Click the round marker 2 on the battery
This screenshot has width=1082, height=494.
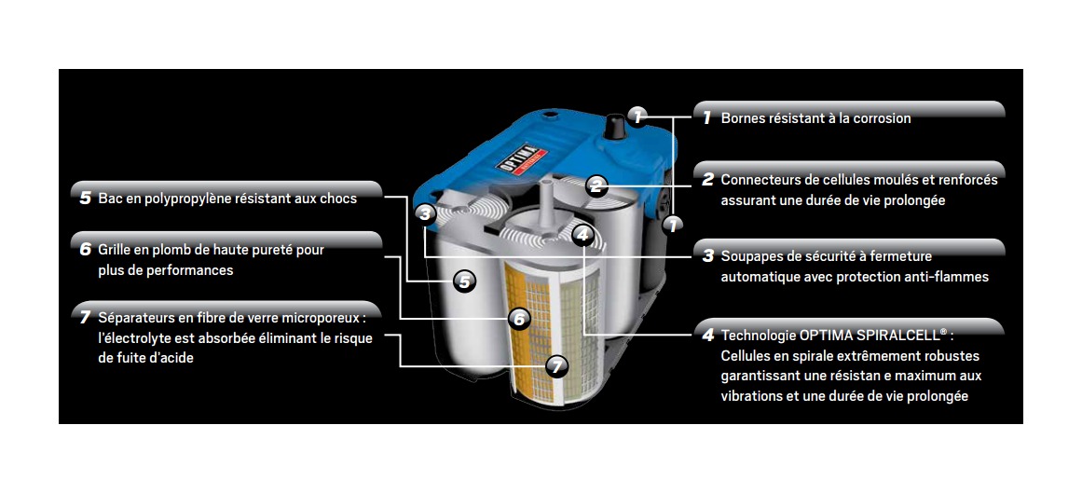(x=597, y=185)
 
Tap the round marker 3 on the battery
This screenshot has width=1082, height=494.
(x=425, y=214)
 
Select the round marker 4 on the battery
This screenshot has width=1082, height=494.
(x=582, y=235)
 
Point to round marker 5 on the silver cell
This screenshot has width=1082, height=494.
(x=464, y=280)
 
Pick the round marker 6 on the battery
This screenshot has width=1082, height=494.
(x=520, y=319)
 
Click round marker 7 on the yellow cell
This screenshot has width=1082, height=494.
(x=556, y=366)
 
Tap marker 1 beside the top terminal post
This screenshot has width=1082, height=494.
(x=637, y=117)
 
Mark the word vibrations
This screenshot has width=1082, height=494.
(x=752, y=396)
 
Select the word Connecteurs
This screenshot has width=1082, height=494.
(x=759, y=179)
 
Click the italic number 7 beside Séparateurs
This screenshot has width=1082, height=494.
(x=85, y=317)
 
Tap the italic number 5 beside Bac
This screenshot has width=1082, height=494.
(x=85, y=198)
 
